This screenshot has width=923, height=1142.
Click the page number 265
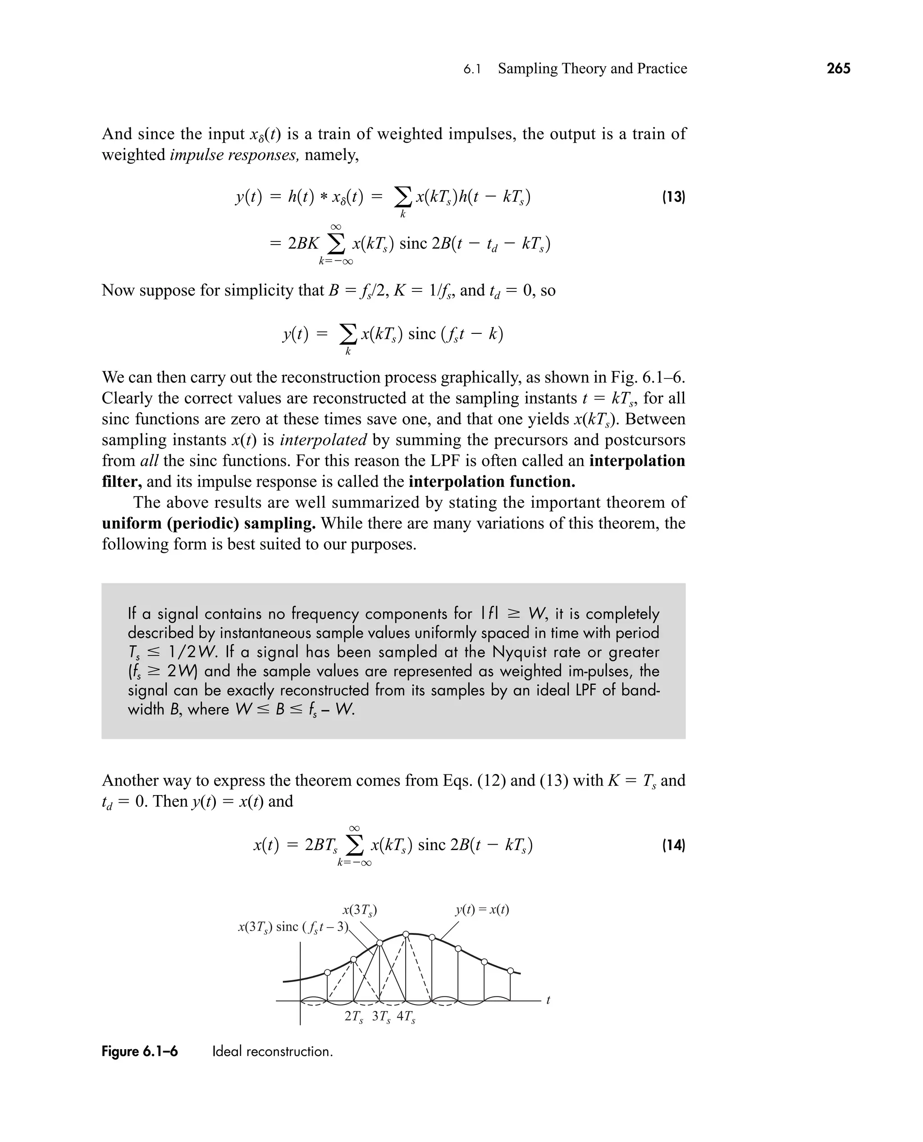(838, 68)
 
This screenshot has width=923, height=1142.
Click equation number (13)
(673, 197)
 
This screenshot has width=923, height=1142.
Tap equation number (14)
(673, 845)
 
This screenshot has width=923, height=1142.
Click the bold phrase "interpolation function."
(492, 482)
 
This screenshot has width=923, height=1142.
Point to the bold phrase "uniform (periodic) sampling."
(208, 523)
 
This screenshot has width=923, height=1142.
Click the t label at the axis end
(548, 1000)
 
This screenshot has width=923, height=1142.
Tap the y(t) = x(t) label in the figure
(482, 910)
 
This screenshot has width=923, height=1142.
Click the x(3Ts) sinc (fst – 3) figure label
(292, 927)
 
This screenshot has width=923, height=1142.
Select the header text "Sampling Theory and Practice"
(592, 68)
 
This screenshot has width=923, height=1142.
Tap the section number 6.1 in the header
(471, 69)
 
